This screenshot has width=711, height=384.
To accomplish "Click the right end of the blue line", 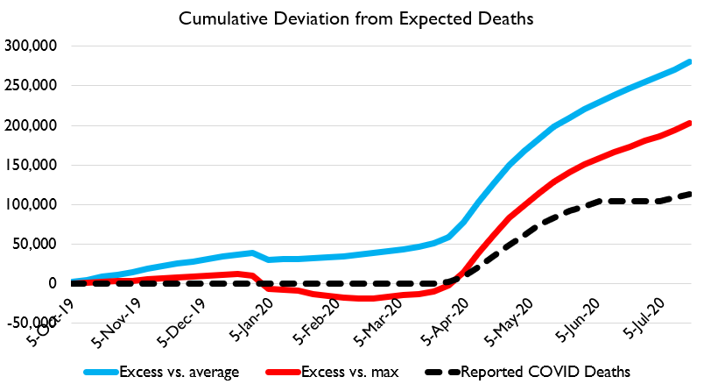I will click(690, 61).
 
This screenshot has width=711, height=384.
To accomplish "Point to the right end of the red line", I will click(690, 123).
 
